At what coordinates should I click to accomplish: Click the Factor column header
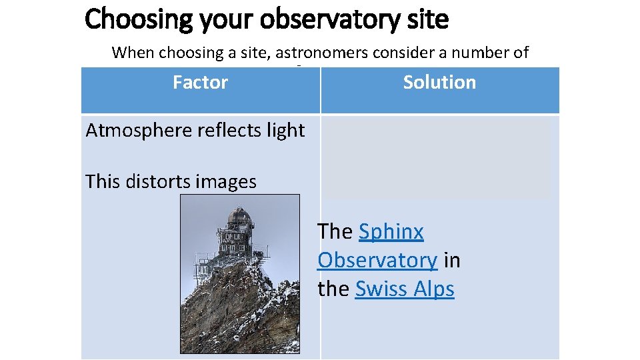pyautogui.click(x=200, y=83)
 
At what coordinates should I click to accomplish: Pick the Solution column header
pyautogui.click(x=439, y=83)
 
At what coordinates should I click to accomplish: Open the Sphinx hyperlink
pyautogui.click(x=391, y=232)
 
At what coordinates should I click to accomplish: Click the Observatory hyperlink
pyautogui.click(x=377, y=261)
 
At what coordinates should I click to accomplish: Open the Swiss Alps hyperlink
pyautogui.click(x=405, y=289)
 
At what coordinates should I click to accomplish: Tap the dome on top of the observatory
pyautogui.click(x=240, y=217)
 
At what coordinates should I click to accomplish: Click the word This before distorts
pyautogui.click(x=104, y=181)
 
